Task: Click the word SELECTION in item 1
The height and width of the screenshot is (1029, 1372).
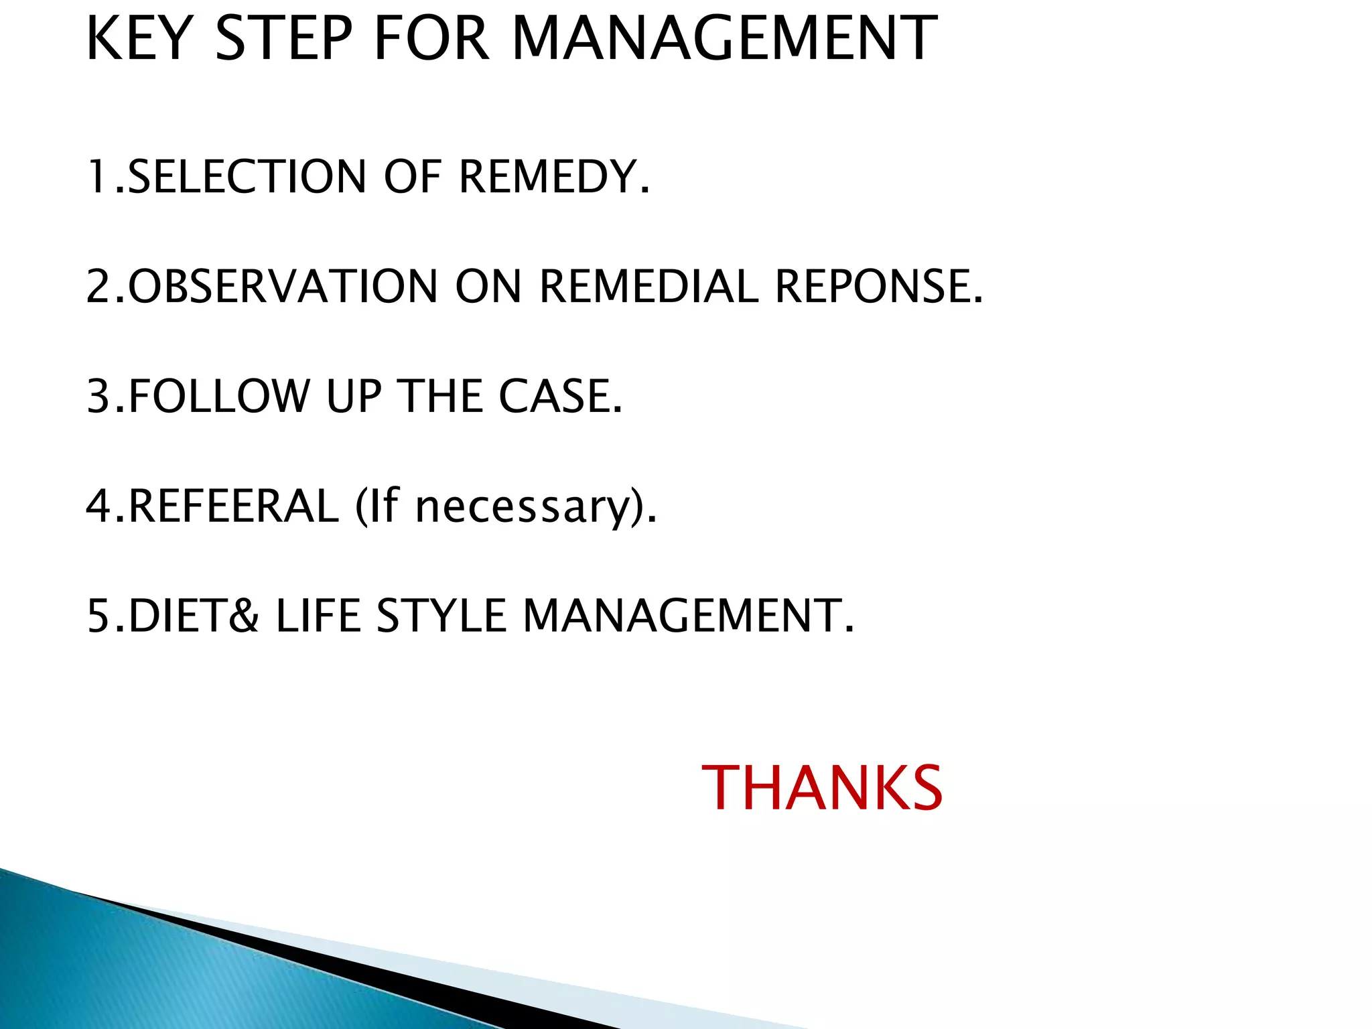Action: (247, 177)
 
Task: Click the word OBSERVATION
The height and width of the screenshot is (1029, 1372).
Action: (283, 287)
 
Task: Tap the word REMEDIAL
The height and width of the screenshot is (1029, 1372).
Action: (648, 287)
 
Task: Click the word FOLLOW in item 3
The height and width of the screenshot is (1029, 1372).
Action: (218, 396)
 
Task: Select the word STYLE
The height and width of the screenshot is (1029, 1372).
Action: (441, 616)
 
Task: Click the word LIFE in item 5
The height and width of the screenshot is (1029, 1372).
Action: (318, 616)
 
